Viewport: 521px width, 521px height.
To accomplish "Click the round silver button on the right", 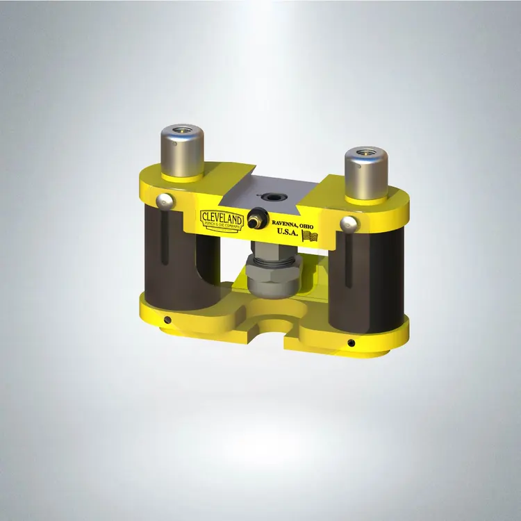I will point(349,223).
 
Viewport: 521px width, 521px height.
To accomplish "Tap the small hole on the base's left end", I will point(167,320).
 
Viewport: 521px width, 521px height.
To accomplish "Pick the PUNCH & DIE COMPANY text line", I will point(222,225).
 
